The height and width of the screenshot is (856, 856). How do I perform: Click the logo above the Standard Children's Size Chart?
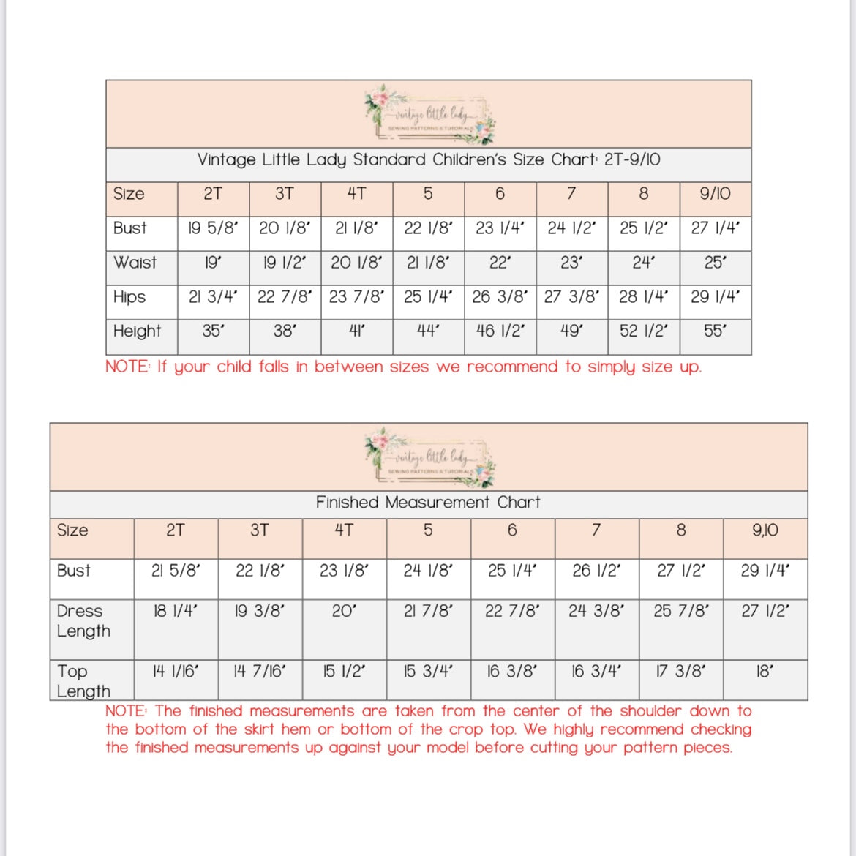pyautogui.click(x=430, y=114)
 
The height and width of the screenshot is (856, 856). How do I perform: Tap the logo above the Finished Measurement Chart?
pyautogui.click(x=430, y=457)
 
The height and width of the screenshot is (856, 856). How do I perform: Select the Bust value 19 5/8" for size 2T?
pyautogui.click(x=213, y=228)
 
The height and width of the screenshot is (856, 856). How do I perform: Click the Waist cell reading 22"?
pyautogui.click(x=500, y=263)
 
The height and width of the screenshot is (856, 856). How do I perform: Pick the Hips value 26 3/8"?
pyautogui.click(x=500, y=297)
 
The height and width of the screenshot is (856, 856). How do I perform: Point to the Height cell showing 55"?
pyautogui.click(x=715, y=331)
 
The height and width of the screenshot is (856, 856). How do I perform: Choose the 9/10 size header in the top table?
pyautogui.click(x=715, y=194)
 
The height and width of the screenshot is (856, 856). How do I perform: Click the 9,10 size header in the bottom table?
pyautogui.click(x=765, y=530)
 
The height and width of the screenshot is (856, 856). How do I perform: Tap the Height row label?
pyautogui.click(x=137, y=331)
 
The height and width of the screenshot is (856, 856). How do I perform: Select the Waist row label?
pyautogui.click(x=135, y=263)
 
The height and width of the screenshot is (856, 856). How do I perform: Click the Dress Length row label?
pyautogui.click(x=83, y=620)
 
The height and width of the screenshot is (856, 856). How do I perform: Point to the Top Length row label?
pyautogui.click(x=83, y=681)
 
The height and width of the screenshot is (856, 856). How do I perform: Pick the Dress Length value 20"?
pyautogui.click(x=344, y=611)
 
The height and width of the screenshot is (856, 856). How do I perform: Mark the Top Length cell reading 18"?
pyautogui.click(x=765, y=672)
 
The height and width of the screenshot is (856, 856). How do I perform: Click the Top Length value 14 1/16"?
pyautogui.click(x=176, y=672)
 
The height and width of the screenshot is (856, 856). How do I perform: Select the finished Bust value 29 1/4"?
pyautogui.click(x=765, y=571)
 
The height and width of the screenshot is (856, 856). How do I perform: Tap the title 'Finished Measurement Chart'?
pyautogui.click(x=428, y=503)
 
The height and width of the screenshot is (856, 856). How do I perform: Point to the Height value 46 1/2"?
pyautogui.click(x=500, y=331)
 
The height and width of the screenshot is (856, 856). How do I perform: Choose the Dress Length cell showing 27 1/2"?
pyautogui.click(x=765, y=611)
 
